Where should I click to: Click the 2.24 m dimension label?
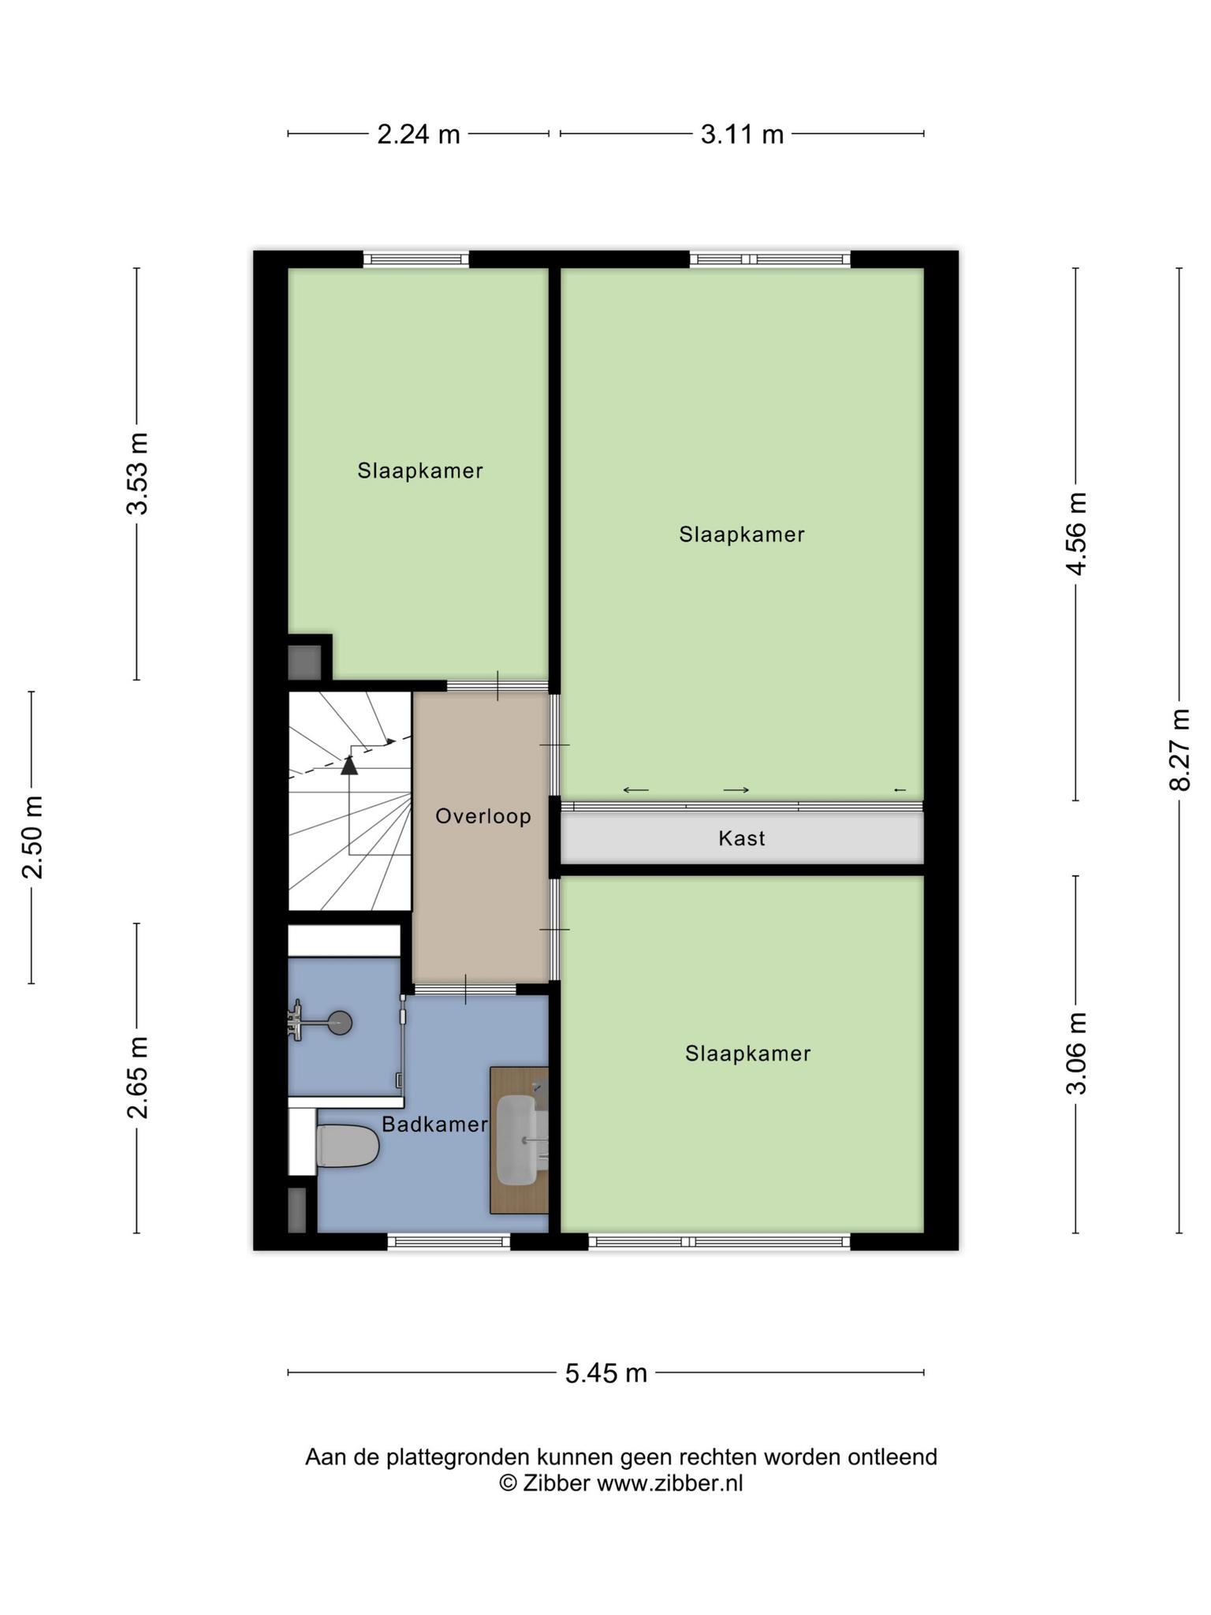click(x=419, y=135)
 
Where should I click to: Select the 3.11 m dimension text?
click(x=742, y=135)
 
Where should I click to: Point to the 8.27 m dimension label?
click(x=1179, y=749)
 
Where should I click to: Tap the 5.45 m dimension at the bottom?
click(x=605, y=1373)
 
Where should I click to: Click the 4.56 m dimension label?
click(x=1076, y=533)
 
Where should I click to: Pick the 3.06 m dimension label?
click(x=1076, y=1054)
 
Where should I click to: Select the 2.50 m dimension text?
click(x=32, y=837)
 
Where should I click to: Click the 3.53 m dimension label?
click(x=137, y=473)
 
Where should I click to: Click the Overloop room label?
click(x=483, y=816)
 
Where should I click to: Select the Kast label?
click(x=742, y=838)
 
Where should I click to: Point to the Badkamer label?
click(x=435, y=1125)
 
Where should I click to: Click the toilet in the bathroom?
click(x=348, y=1146)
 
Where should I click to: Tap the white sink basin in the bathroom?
click(x=518, y=1139)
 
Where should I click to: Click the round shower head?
click(x=340, y=1023)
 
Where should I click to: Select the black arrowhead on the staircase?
click(x=348, y=765)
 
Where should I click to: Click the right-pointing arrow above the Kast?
click(x=736, y=790)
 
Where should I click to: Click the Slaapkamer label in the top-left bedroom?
click(x=420, y=471)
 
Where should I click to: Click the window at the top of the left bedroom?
click(x=416, y=259)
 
